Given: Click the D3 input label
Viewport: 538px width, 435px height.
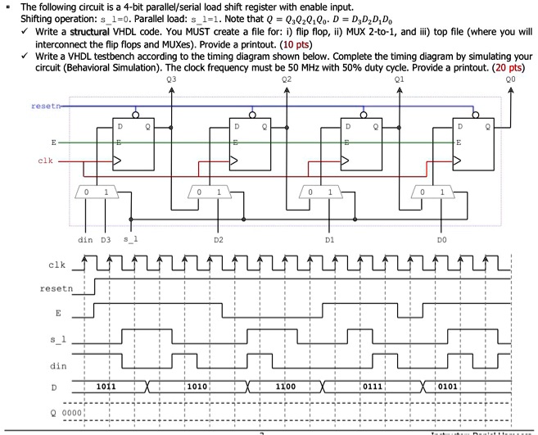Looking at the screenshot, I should [x=105, y=239].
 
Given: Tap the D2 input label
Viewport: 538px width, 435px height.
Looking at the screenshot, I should [x=217, y=239].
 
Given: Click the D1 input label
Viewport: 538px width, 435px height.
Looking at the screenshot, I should [x=329, y=239].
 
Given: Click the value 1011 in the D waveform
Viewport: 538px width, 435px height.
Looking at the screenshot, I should [x=106, y=384].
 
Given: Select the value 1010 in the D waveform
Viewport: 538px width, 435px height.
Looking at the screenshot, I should [x=197, y=384].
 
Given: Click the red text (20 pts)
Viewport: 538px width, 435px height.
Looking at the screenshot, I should [x=513, y=65].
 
